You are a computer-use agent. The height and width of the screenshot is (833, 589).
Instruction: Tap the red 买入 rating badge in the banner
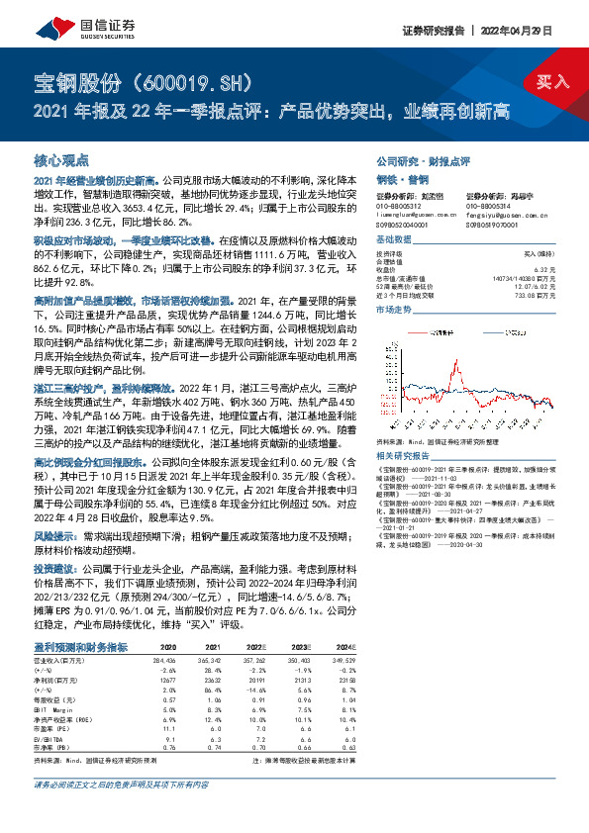[x=552, y=81]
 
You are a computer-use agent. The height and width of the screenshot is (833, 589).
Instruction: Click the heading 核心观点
[x=61, y=159]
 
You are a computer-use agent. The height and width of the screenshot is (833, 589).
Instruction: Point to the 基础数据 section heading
[x=393, y=240]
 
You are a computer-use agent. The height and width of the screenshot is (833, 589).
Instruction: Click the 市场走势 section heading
[x=393, y=311]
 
